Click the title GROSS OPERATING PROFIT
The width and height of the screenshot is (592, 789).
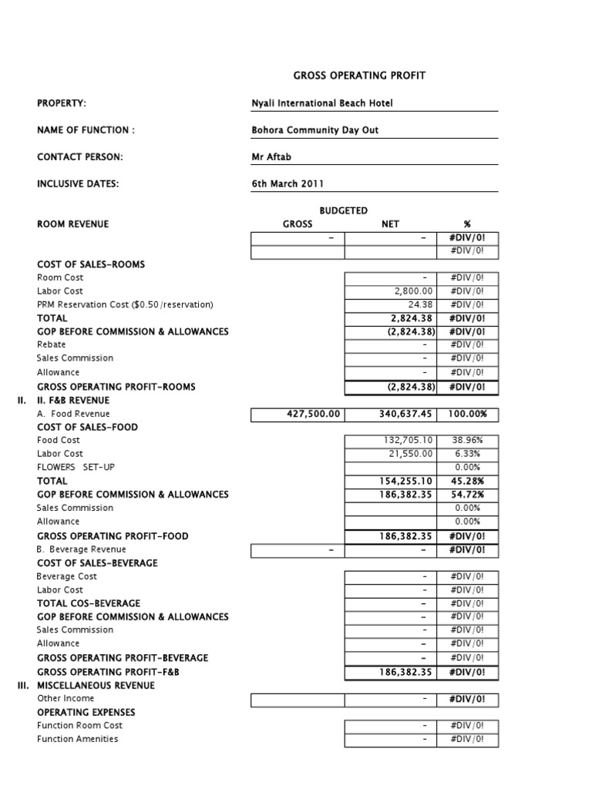coord(358,76)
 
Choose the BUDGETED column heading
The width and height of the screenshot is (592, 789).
coord(343,210)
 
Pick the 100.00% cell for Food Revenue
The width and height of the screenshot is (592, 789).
coord(468,414)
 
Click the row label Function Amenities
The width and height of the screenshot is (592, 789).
coord(78,739)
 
